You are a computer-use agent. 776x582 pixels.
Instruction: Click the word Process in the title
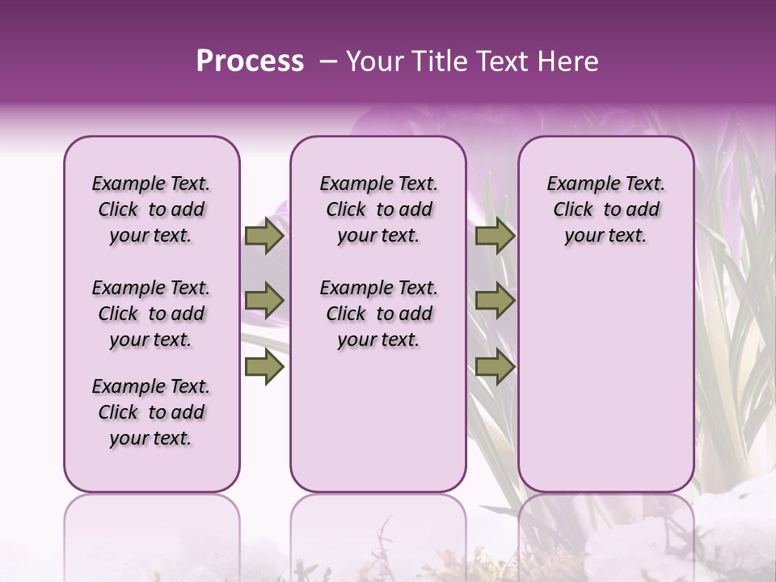click(250, 61)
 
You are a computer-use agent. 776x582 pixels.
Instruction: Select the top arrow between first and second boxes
click(264, 236)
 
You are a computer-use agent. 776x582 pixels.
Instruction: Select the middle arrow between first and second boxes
click(264, 302)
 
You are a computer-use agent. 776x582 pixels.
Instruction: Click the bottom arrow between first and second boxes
click(264, 367)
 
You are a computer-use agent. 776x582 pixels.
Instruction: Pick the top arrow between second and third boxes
click(495, 236)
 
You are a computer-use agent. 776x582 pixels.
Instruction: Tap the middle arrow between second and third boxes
click(495, 302)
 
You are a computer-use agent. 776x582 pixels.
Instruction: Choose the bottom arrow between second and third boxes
click(495, 367)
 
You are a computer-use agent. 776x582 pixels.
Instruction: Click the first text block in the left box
click(151, 209)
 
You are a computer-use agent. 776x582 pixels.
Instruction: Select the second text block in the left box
click(151, 314)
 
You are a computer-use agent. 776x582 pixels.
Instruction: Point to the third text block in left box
click(151, 412)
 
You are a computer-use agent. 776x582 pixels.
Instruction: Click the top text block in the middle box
click(378, 209)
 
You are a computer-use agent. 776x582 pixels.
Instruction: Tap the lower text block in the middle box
click(378, 314)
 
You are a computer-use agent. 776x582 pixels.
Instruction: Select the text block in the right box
click(605, 209)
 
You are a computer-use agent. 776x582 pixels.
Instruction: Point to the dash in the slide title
click(328, 62)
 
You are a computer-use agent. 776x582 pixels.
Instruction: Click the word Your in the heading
click(373, 61)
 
